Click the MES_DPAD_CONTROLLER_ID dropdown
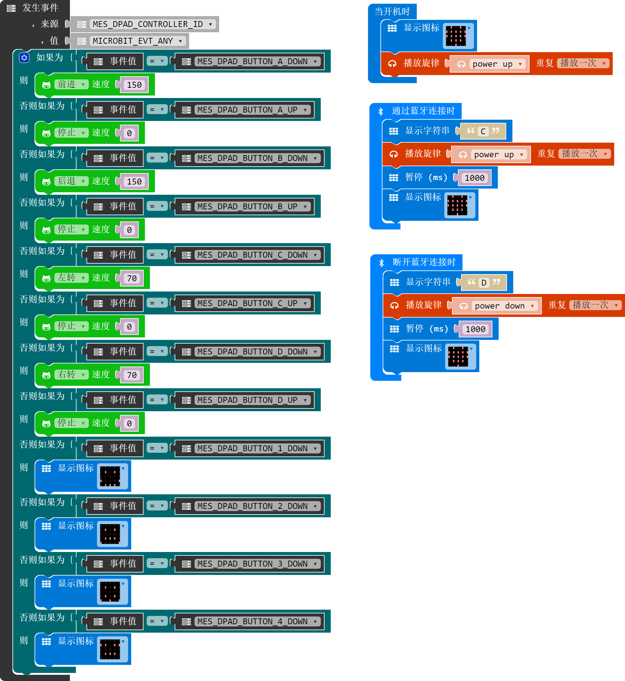pyautogui.click(x=152, y=24)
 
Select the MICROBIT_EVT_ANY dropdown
pyautogui.click(x=138, y=41)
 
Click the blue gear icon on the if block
pyautogui.click(x=24, y=58)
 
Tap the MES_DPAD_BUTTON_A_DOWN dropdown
pyautogui.click(x=257, y=61)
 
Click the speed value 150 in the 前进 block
pyautogui.click(x=134, y=85)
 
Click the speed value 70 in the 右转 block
pyautogui.click(x=132, y=375)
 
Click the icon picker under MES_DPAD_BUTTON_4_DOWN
pyautogui.click(x=113, y=649)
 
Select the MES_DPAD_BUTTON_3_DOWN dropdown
pyautogui.click(x=257, y=564)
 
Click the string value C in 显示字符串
pyautogui.click(x=483, y=131)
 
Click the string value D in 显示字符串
pyautogui.click(x=484, y=283)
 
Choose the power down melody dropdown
pyautogui.click(x=504, y=306)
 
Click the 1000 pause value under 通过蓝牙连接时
pyautogui.click(x=474, y=178)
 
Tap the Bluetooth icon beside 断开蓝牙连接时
pyautogui.click(x=381, y=263)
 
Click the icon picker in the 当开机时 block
pyautogui.click(x=458, y=36)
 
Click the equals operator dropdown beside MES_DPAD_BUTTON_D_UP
pyautogui.click(x=157, y=400)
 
